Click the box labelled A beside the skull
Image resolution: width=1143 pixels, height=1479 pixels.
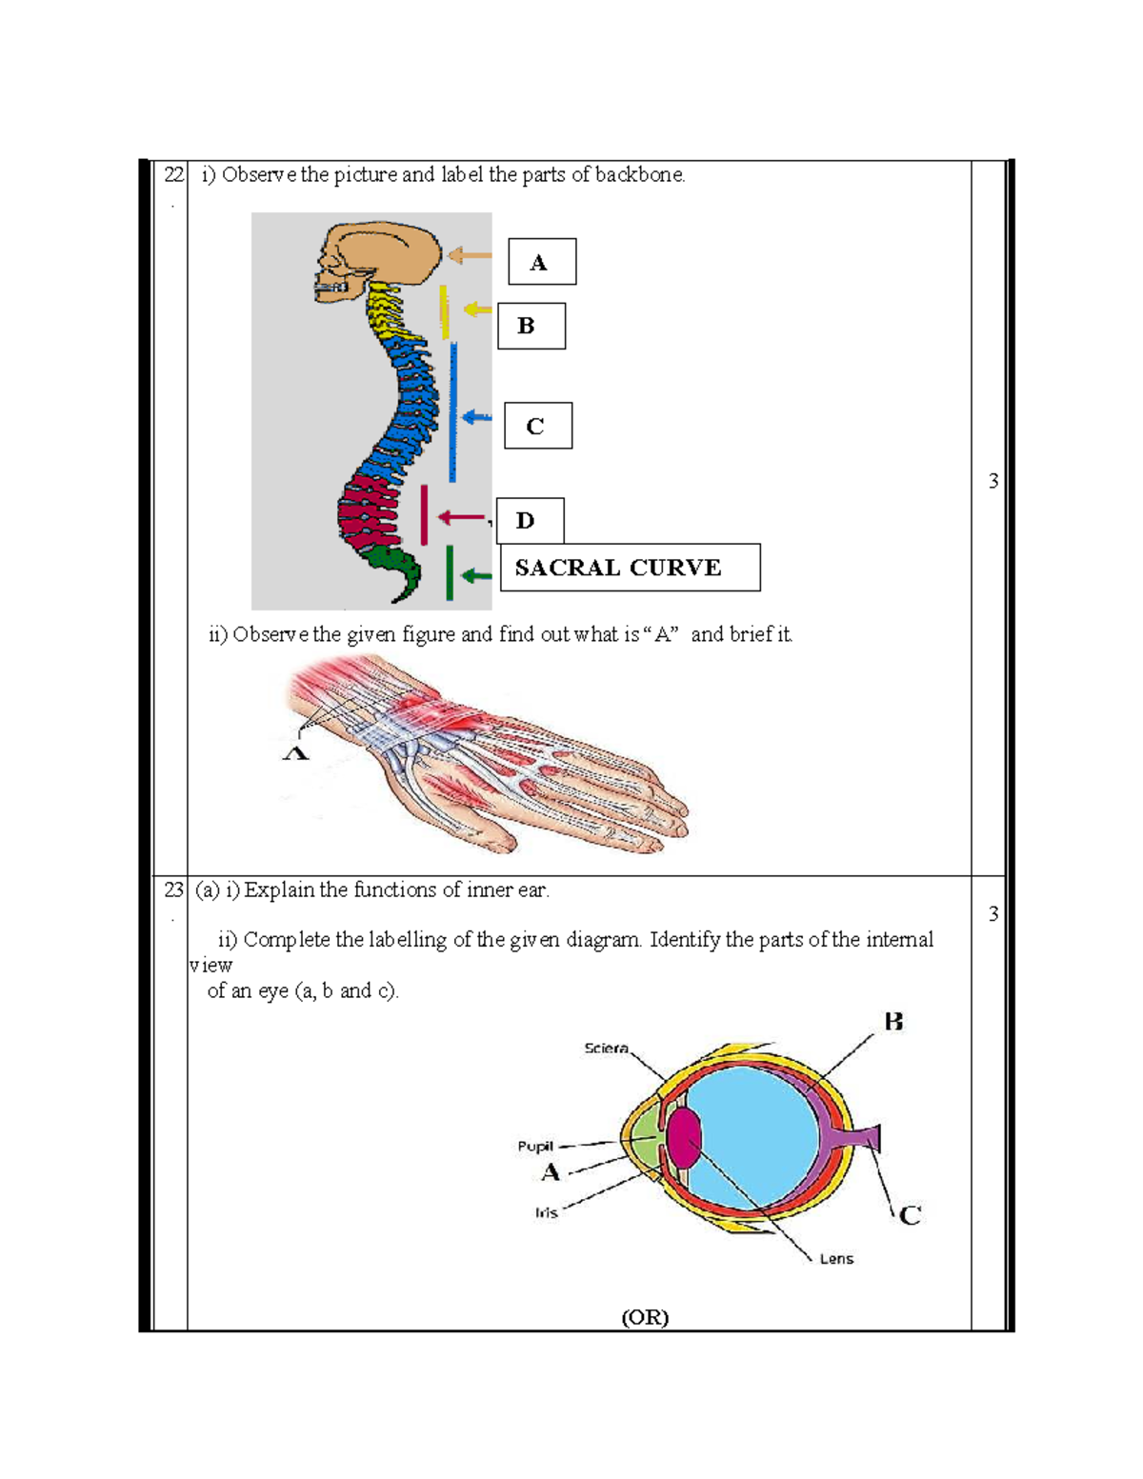(541, 262)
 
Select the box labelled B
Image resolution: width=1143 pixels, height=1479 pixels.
(531, 326)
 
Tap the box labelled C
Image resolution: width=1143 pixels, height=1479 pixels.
(537, 426)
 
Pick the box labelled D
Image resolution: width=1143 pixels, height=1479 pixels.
(529, 520)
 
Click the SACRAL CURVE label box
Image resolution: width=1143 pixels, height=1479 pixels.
(630, 568)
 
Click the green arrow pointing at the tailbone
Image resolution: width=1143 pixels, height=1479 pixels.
(475, 575)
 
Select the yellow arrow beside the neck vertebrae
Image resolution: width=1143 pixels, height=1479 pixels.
(477, 310)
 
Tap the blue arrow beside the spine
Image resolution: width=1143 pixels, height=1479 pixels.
(476, 417)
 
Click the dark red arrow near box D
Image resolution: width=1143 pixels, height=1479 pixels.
(462, 517)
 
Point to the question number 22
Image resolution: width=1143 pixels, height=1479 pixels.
(172, 174)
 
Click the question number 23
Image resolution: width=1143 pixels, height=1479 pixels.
(172, 889)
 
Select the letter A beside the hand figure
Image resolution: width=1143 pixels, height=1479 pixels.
(296, 752)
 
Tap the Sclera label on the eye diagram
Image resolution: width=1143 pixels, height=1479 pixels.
(606, 1048)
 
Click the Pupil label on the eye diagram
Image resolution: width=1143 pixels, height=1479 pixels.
(534, 1146)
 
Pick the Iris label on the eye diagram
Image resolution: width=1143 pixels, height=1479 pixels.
(546, 1212)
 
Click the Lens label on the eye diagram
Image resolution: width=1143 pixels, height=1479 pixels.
(836, 1258)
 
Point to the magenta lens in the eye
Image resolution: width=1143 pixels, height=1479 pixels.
(683, 1138)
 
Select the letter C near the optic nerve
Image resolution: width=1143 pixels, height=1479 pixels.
(910, 1215)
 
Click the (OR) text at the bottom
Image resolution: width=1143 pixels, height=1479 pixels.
(645, 1317)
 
